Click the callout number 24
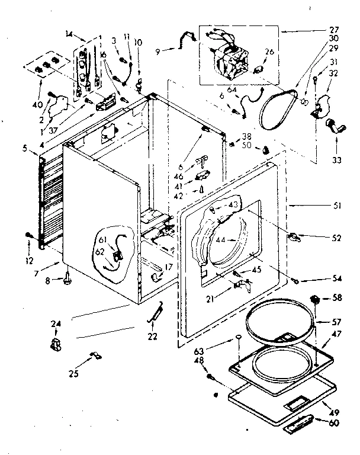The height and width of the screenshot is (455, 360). (56, 323)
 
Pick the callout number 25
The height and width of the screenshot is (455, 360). (75, 374)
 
